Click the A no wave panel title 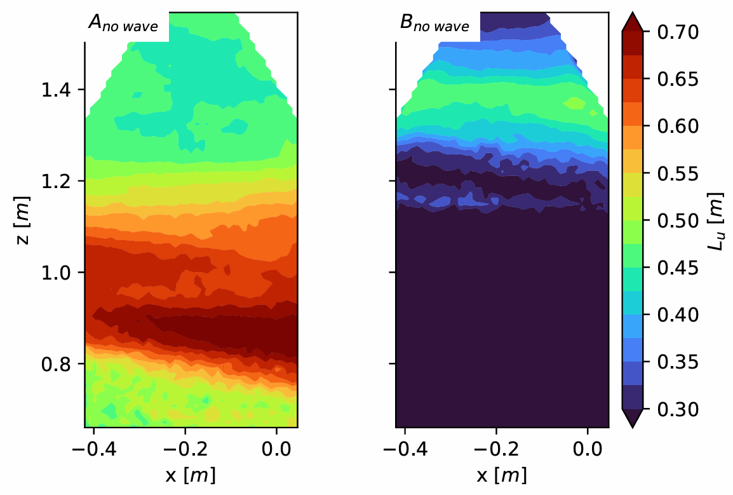(123, 24)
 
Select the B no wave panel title (434, 24)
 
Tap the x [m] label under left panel (191, 475)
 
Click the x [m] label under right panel (502, 475)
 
